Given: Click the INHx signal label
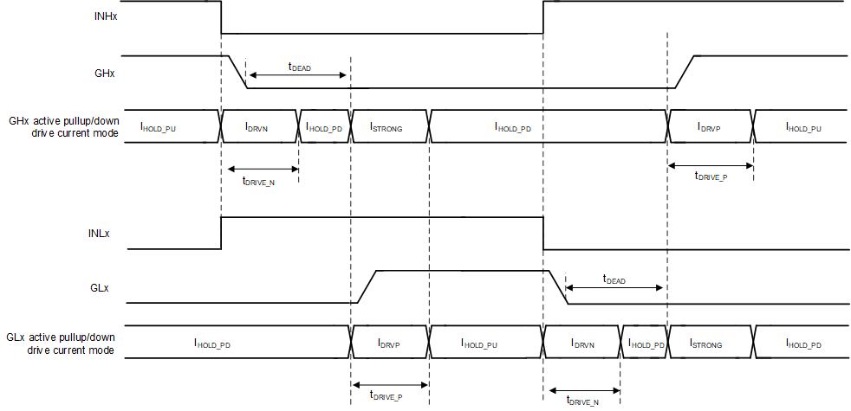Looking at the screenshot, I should (105, 16).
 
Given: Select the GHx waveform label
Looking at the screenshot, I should (105, 74).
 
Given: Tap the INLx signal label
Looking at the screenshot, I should (105, 234).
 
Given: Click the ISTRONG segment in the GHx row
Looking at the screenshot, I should (387, 127).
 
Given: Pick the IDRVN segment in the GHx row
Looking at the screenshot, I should (257, 127).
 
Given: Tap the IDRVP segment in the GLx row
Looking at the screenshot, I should (389, 344).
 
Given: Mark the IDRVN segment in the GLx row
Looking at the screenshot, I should (582, 344).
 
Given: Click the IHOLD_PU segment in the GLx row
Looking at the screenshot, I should (484, 344).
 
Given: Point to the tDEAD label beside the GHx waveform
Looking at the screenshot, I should (299, 66).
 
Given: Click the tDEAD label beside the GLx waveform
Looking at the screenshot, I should (614, 280).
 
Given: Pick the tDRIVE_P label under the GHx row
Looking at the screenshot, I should (711, 176).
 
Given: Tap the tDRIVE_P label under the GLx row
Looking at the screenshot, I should (385, 396).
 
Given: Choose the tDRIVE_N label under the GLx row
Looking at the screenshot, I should (582, 400).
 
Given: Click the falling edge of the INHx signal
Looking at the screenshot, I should (222, 17).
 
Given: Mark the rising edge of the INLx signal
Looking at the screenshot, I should (222, 233).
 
